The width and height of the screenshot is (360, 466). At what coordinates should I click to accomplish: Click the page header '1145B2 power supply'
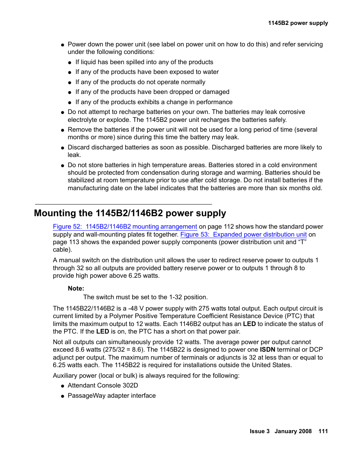tap(298, 23)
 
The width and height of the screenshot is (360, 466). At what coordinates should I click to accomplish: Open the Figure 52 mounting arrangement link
tap(125, 227)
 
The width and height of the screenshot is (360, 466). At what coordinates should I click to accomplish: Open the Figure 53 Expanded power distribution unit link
tap(243, 234)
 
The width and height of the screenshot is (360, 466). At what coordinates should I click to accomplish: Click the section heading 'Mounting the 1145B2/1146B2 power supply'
tap(130, 213)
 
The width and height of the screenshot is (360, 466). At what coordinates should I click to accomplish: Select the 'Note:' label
tap(76, 288)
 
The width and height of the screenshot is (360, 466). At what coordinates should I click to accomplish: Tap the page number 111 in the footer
tap(323, 431)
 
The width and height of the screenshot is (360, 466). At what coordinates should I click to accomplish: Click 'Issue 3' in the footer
tap(259, 431)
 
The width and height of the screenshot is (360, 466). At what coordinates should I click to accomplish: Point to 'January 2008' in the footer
tap(293, 431)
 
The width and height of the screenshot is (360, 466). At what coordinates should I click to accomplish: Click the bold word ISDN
tap(267, 350)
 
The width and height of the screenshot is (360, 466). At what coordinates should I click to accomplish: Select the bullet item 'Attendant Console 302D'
tap(103, 385)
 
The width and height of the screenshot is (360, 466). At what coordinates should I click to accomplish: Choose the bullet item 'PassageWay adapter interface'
tap(112, 395)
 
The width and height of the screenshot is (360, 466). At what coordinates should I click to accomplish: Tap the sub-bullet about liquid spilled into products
tap(144, 62)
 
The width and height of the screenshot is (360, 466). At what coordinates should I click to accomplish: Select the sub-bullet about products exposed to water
tap(147, 72)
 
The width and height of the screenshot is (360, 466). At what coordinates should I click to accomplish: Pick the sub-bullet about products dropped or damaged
tap(152, 92)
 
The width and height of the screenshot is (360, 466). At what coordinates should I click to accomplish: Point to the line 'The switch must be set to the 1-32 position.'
tap(145, 297)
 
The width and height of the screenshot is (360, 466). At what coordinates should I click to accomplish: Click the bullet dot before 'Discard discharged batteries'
tap(63, 148)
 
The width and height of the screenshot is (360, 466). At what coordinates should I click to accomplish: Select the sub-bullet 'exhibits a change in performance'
tap(154, 102)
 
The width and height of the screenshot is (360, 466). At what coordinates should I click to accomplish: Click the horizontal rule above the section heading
tap(123, 204)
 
